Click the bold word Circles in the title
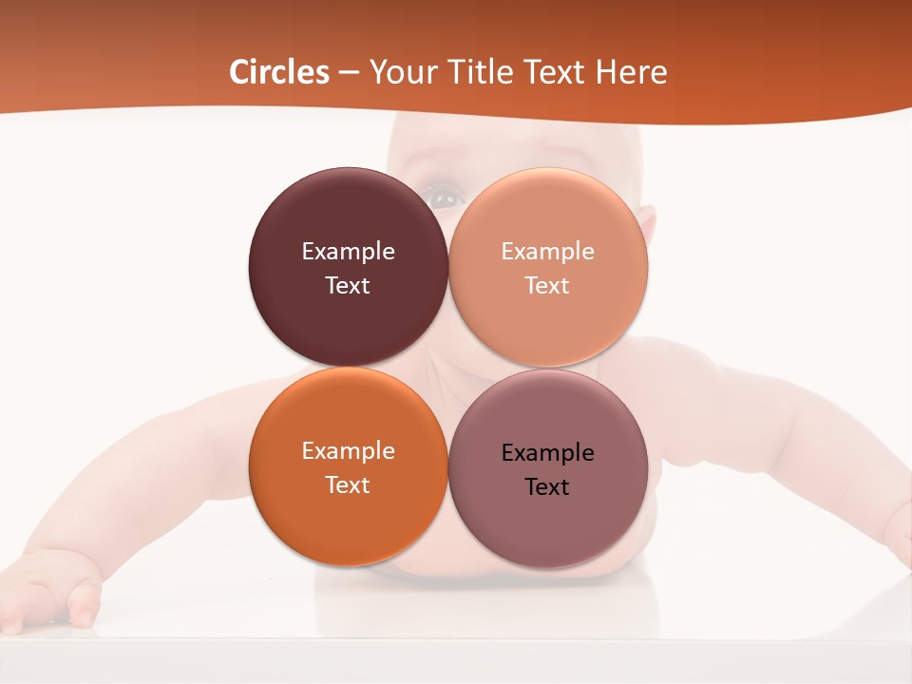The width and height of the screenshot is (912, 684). point(279,72)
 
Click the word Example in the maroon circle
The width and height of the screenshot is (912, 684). point(348,252)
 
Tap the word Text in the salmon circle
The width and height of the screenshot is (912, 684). point(547,286)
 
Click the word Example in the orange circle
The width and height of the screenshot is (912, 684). point(348,451)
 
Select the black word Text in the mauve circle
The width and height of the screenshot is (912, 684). point(547,487)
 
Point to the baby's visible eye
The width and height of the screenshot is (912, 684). point(445,199)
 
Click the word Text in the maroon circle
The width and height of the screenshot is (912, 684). point(348,286)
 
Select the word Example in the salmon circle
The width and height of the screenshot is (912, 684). point(547,252)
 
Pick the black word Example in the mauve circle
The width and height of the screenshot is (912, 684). point(547,453)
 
